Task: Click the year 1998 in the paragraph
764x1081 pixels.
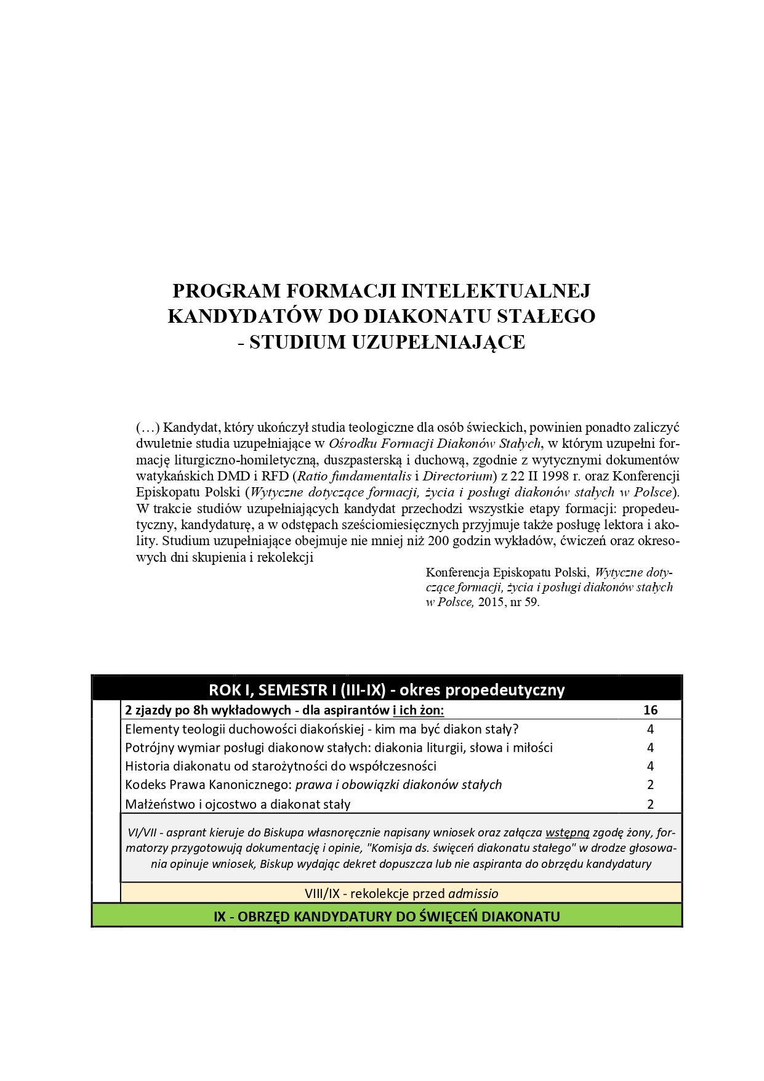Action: (552, 476)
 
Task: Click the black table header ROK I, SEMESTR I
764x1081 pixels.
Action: (387, 689)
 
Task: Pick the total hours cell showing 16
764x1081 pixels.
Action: (650, 710)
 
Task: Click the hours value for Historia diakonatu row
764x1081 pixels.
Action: (650, 766)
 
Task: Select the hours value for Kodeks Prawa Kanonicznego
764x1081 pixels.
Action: (650, 785)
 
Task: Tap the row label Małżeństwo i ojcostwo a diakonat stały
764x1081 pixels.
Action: (238, 804)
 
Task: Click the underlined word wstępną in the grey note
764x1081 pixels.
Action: (567, 833)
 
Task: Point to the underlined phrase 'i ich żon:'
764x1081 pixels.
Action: (418, 710)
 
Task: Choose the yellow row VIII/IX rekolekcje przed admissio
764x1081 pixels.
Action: (401, 893)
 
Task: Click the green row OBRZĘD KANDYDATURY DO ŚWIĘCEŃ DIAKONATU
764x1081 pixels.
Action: (387, 916)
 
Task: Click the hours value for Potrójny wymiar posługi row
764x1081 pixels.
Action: (650, 748)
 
